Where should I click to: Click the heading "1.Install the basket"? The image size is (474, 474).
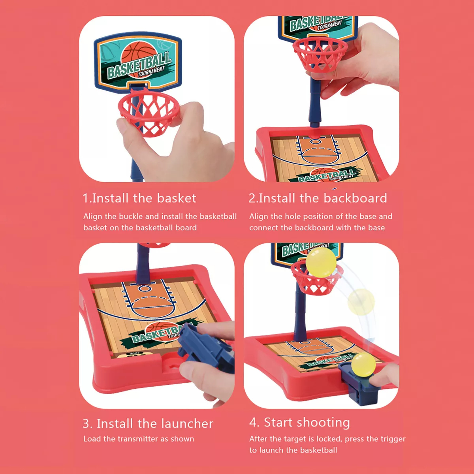(139, 198)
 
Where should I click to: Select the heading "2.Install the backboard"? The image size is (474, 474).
(318, 198)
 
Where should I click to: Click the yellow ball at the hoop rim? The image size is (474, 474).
(321, 262)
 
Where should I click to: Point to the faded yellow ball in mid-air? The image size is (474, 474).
(361, 302)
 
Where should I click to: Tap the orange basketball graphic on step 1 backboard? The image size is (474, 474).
(139, 59)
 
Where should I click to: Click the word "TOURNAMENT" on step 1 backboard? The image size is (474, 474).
(151, 71)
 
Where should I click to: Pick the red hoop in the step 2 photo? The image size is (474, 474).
(320, 54)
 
